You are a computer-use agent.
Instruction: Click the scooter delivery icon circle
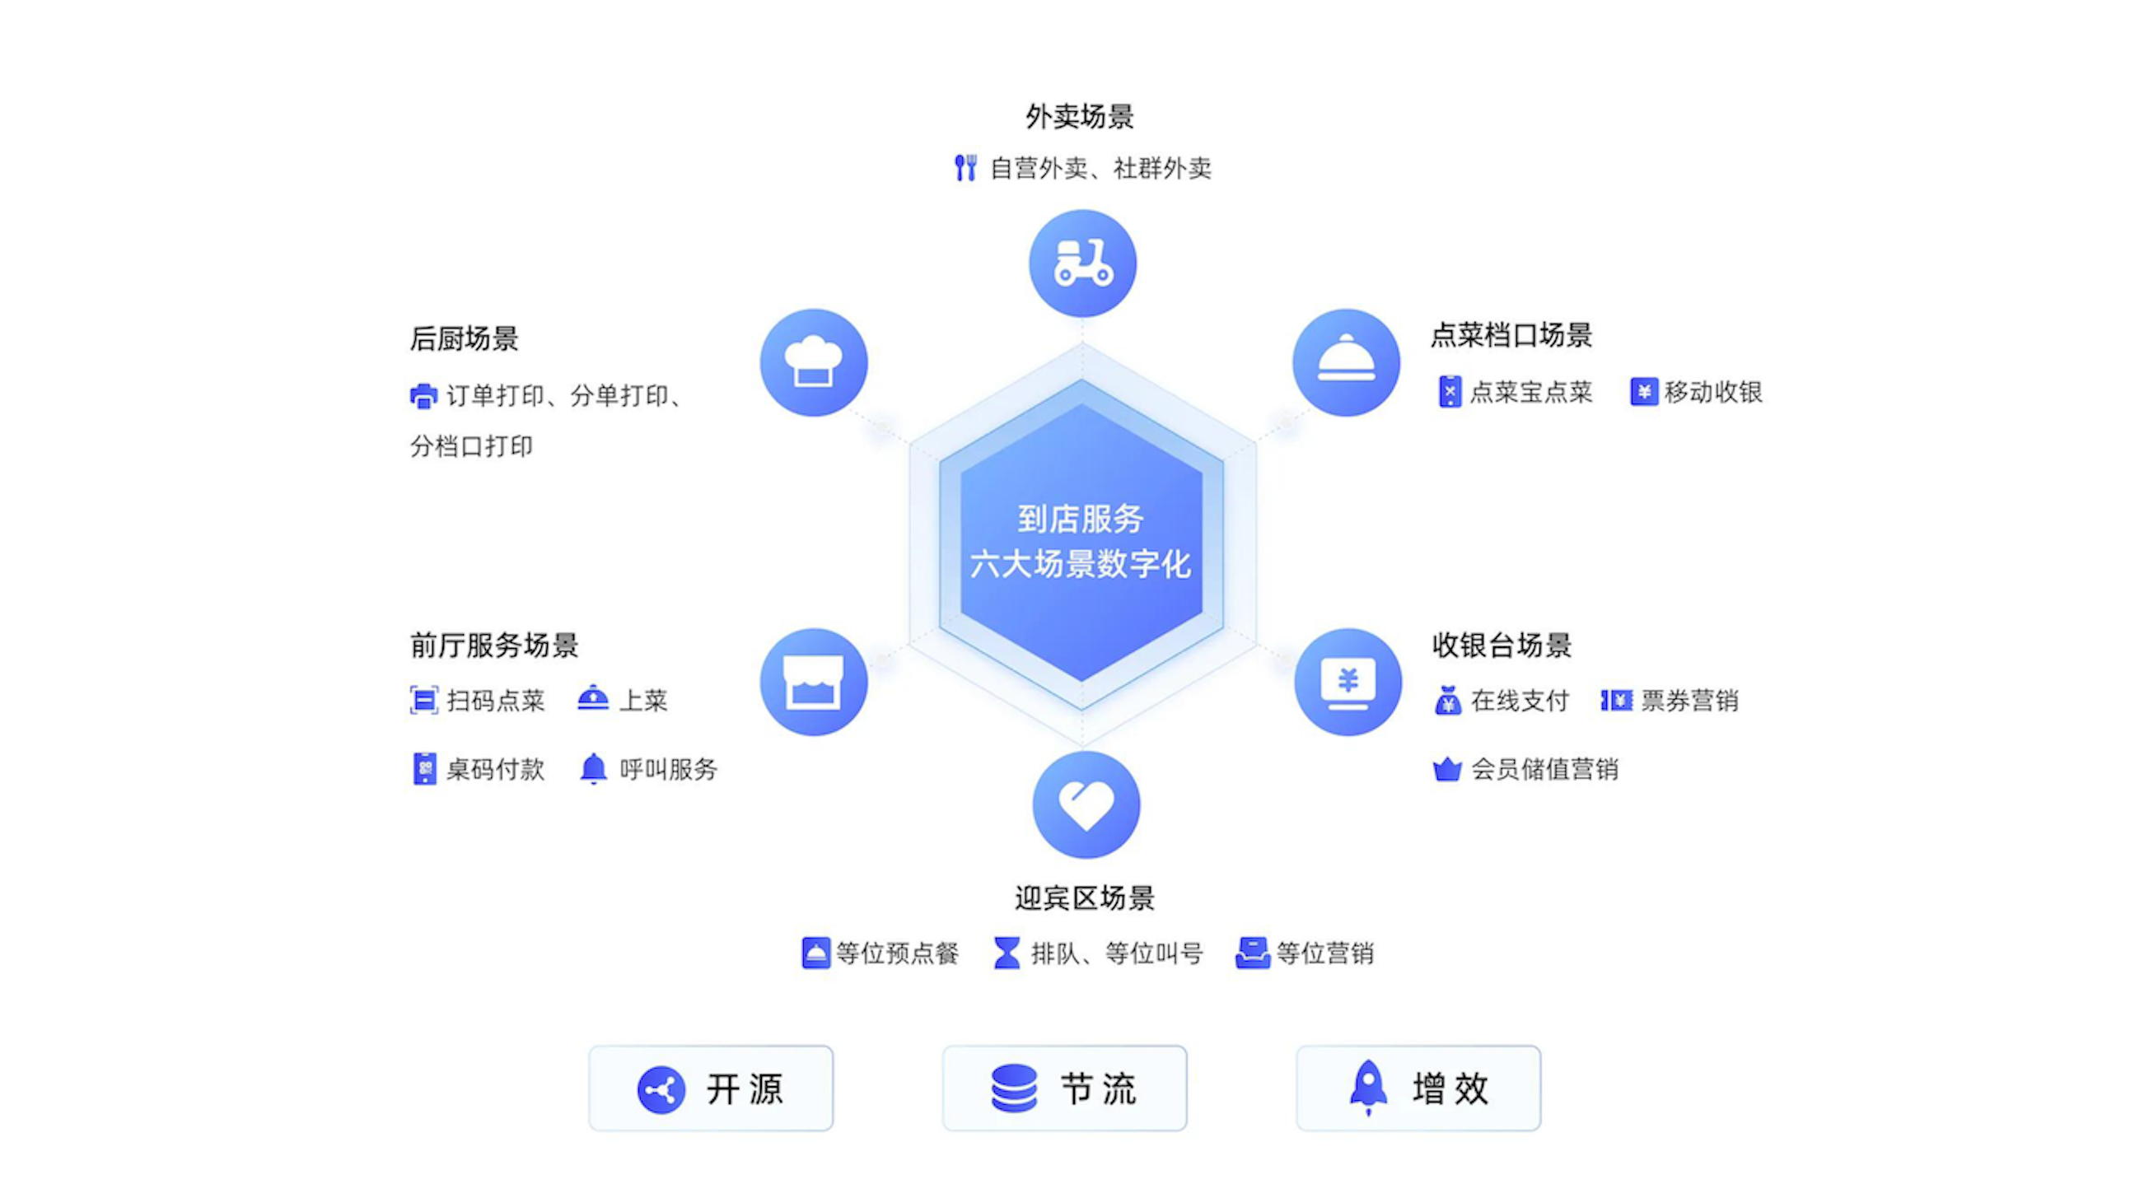[1082, 263]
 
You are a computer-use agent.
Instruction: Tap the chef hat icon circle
[814, 362]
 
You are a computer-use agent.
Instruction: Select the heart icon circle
[1086, 804]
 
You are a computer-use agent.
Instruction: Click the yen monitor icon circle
[1348, 682]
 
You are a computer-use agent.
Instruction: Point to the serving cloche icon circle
[1346, 362]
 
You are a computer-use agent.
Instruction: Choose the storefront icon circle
[814, 682]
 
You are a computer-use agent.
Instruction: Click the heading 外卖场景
[1080, 117]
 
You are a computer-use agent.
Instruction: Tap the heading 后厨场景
[464, 338]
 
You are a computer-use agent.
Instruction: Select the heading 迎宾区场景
[1084, 898]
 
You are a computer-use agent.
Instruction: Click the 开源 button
[711, 1088]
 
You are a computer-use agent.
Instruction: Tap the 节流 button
[1064, 1088]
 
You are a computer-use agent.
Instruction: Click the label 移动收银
[1713, 392]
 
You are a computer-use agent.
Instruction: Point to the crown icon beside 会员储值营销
[1447, 769]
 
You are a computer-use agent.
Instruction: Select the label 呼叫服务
[668, 769]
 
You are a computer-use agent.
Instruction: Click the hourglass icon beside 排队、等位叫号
[1007, 953]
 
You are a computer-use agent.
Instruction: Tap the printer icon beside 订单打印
[423, 396]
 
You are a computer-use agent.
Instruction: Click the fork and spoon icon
[965, 168]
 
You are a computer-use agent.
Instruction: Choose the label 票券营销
[1689, 701]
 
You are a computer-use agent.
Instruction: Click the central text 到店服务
[1081, 520]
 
